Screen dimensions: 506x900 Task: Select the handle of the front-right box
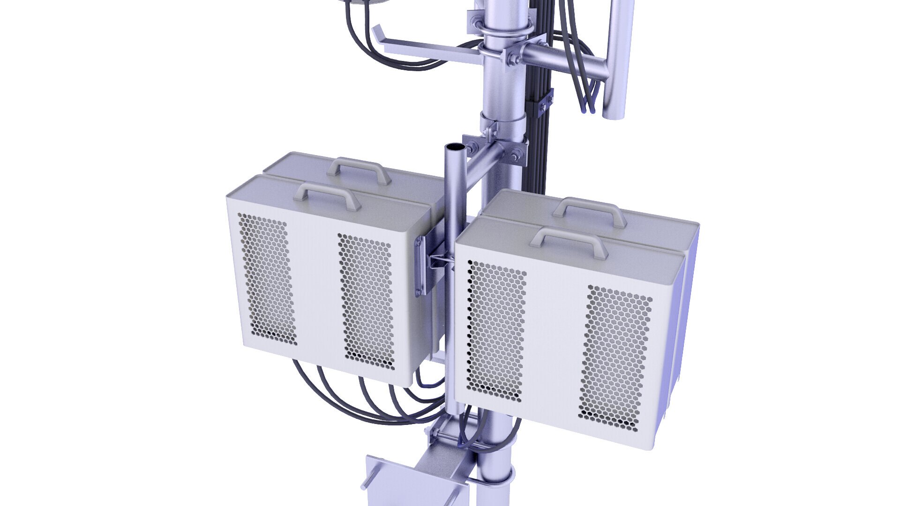click(569, 238)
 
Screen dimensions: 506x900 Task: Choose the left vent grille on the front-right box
click(496, 330)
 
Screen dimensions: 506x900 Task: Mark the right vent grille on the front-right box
click(615, 358)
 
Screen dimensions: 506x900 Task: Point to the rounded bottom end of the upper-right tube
click(614, 112)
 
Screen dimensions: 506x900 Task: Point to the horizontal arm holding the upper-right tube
click(562, 61)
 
